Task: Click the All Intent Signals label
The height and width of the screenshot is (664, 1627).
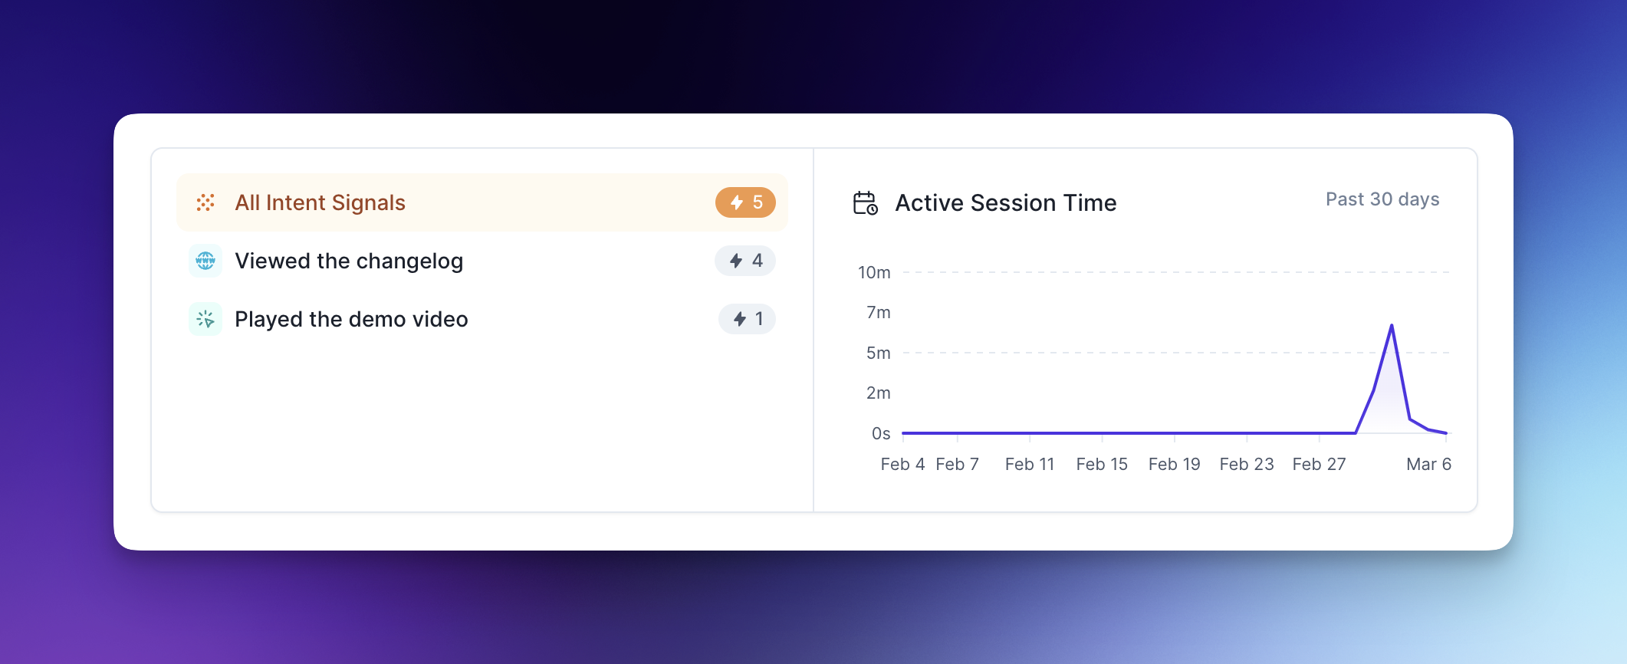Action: click(320, 202)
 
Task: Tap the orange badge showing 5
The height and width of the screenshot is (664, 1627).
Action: click(745, 202)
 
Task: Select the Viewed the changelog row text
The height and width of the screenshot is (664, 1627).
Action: click(349, 261)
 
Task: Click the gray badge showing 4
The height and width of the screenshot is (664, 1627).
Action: click(745, 261)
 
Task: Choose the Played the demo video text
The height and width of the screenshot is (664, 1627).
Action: click(351, 319)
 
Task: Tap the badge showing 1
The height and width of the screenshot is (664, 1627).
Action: click(747, 319)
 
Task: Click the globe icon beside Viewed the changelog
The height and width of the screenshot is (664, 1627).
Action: click(205, 261)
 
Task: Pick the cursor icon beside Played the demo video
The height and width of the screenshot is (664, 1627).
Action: click(205, 319)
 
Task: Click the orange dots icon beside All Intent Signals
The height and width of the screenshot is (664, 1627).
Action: click(205, 202)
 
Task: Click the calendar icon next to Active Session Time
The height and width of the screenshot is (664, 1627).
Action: click(866, 203)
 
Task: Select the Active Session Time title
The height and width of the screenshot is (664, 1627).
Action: click(1006, 203)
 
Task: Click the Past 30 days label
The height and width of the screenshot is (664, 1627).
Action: click(1382, 199)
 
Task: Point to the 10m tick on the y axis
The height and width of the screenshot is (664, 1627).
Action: click(874, 272)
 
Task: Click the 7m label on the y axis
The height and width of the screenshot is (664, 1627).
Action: click(879, 312)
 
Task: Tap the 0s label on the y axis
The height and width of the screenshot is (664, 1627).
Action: click(881, 433)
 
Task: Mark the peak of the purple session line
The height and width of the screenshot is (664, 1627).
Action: click(1392, 325)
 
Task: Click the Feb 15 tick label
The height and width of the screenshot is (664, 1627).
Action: click(1102, 464)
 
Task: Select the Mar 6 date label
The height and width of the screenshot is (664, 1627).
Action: click(1428, 464)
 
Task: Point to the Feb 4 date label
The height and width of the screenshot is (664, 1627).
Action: click(902, 464)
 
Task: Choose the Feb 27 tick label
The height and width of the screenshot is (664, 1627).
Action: click(1319, 464)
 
